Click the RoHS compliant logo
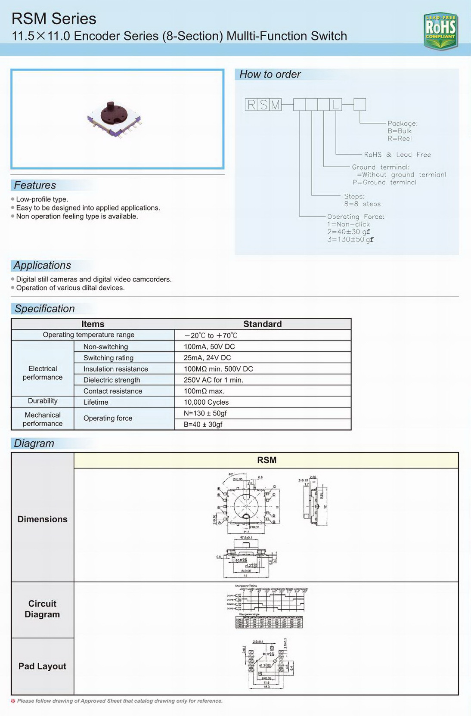(440, 30)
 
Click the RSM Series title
(54, 19)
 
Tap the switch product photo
(115, 118)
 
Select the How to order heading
(270, 74)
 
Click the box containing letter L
(336, 105)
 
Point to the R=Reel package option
(400, 139)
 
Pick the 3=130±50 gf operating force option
(350, 239)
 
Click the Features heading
(35, 185)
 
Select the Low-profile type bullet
(42, 199)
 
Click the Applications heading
(42, 265)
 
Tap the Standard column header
(263, 324)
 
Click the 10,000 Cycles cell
(206, 402)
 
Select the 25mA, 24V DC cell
(208, 358)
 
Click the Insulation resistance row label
(116, 369)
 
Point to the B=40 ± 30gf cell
(203, 425)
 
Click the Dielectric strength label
(112, 380)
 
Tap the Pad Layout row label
(42, 666)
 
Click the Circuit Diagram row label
(42, 609)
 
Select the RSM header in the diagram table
(266, 460)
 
